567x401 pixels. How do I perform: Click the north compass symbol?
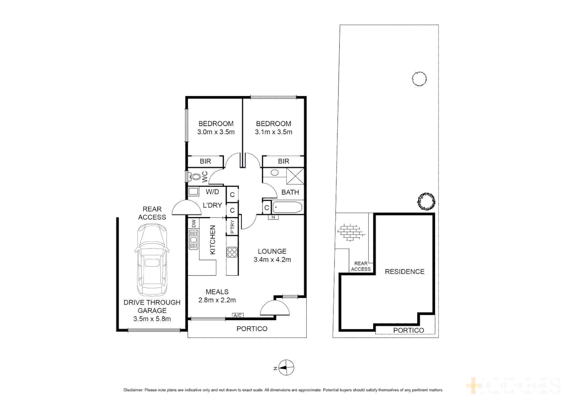coord(286,368)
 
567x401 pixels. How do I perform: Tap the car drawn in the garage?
coord(152,260)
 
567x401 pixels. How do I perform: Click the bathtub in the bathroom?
coord(288,207)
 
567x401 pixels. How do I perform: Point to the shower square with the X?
coord(295,176)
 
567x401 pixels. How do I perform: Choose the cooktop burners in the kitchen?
coord(232,252)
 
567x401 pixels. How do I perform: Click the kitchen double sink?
coord(193,239)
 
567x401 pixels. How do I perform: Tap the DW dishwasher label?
coord(193,224)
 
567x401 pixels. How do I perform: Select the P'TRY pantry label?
coord(232,226)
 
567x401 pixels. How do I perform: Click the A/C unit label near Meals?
coord(237,315)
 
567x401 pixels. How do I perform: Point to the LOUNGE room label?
coord(272,251)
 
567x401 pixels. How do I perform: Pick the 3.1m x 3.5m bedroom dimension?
coord(273,132)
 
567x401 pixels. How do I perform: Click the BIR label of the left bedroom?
coord(205,161)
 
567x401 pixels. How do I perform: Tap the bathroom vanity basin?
coord(275,173)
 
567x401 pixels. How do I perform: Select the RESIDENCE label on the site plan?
coord(404,271)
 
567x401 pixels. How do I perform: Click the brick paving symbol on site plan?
coord(351,232)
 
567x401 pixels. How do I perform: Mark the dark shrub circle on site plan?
coord(426,202)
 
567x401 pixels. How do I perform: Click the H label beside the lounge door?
coord(273,217)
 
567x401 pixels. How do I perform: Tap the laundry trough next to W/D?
coord(193,192)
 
